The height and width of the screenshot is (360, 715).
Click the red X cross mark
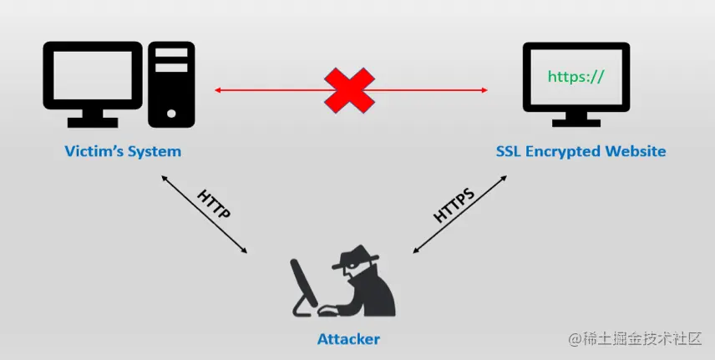click(x=349, y=89)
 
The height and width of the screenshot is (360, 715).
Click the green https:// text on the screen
click(x=575, y=77)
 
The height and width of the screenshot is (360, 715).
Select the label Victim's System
click(x=123, y=152)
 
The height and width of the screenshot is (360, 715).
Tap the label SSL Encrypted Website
click(x=581, y=151)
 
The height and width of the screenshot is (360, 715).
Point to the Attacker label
click(x=348, y=339)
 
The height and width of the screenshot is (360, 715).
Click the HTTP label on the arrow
click(x=213, y=204)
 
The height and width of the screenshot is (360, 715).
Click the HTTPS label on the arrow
click(x=454, y=205)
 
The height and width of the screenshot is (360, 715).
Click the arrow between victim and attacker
click(x=204, y=214)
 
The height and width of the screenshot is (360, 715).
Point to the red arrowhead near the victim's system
click(x=218, y=89)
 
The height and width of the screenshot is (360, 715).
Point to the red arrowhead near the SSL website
click(x=484, y=89)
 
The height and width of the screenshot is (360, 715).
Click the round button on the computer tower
click(x=172, y=111)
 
